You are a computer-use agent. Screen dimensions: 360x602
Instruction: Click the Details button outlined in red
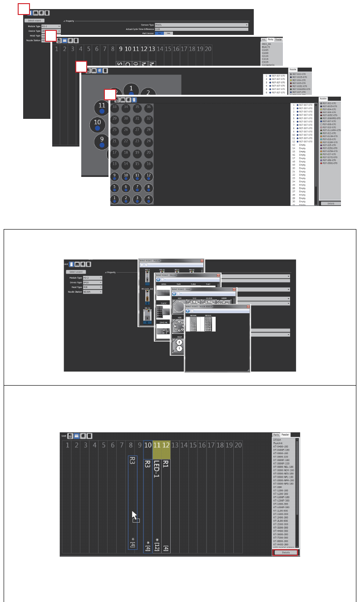(285, 553)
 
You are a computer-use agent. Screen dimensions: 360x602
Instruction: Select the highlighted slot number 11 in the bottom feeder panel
(157, 445)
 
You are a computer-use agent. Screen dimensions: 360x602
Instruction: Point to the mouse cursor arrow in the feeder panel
(134, 516)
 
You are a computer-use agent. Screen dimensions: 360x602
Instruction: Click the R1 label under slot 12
(166, 465)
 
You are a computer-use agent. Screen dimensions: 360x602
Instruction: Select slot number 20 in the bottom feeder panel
(238, 445)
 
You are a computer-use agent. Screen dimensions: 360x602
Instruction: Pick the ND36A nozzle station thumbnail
(193, 324)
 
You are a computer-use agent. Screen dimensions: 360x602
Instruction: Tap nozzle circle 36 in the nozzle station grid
(148, 107)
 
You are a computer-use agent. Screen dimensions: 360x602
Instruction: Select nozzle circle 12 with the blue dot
(148, 176)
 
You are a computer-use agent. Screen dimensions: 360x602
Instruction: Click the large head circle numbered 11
(102, 108)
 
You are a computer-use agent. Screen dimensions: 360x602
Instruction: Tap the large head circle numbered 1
(131, 88)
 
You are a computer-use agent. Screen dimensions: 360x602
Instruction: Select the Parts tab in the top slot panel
(271, 40)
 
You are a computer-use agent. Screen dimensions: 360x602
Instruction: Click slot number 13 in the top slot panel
(152, 49)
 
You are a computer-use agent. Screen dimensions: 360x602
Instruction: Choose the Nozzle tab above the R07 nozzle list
(324, 98)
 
